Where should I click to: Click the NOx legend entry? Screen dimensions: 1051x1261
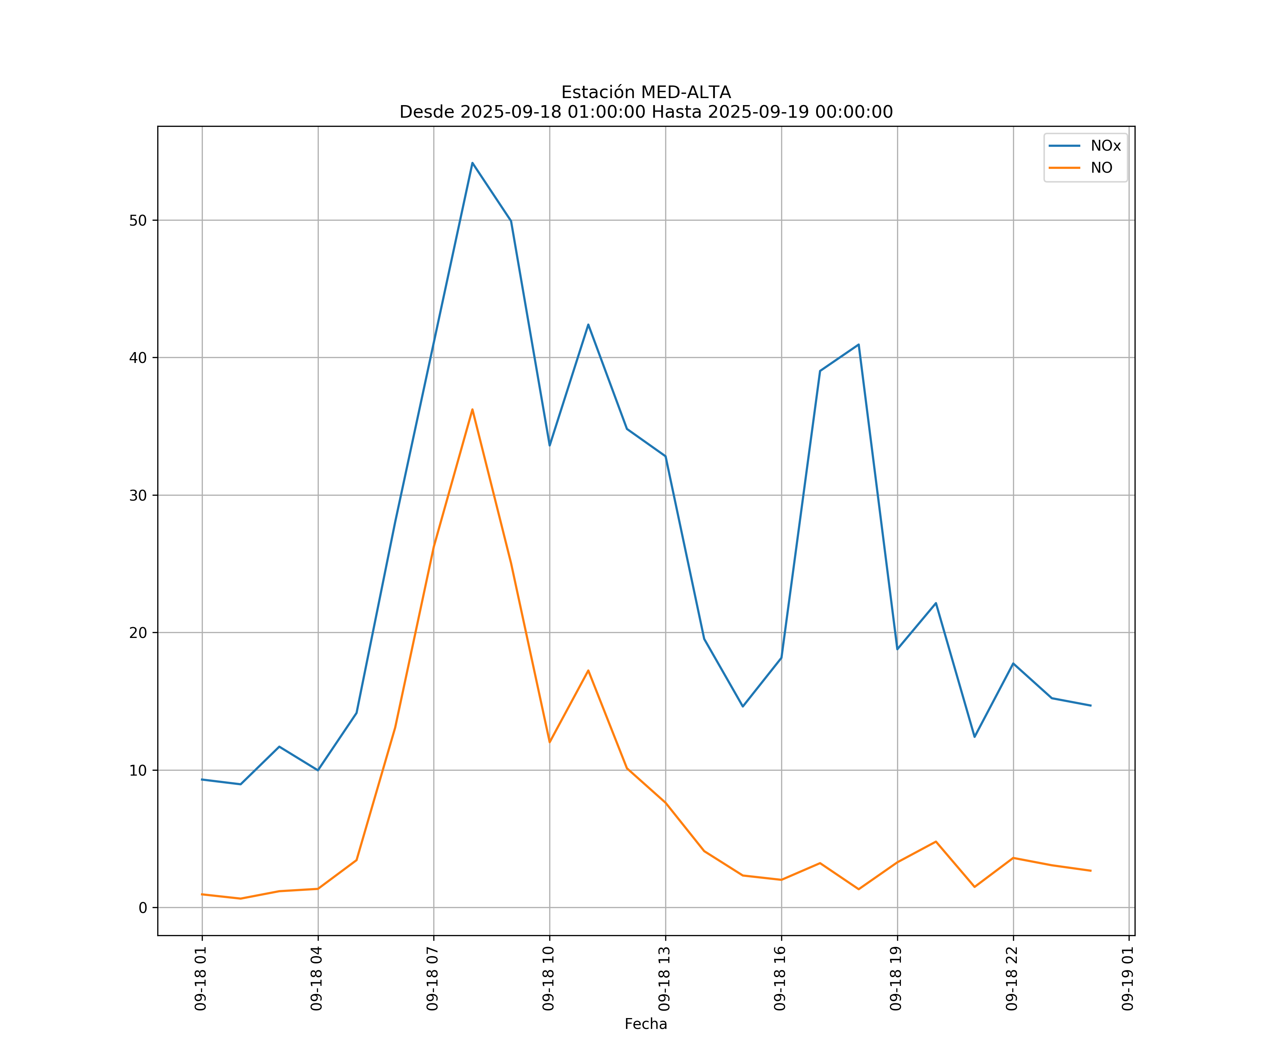tap(1105, 146)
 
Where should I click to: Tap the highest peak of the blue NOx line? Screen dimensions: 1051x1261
tap(473, 163)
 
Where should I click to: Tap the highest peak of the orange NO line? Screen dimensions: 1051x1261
tap(473, 410)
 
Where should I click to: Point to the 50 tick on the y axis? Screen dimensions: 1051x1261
tap(138, 220)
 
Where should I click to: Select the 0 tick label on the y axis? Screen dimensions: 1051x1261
tap(143, 908)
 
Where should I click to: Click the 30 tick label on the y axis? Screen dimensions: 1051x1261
tap(138, 495)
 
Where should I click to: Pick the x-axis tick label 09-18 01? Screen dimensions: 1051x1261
tap(201, 979)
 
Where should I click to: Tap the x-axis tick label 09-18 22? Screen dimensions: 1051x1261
tap(1012, 979)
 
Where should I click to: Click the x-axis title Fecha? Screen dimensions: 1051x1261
tap(646, 1024)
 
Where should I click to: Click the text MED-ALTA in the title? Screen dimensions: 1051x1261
tap(686, 92)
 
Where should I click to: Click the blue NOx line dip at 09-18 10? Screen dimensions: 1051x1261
tap(550, 445)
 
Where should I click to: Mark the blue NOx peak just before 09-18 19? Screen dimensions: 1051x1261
tap(859, 345)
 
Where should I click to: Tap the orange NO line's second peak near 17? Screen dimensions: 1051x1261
tap(588, 670)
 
